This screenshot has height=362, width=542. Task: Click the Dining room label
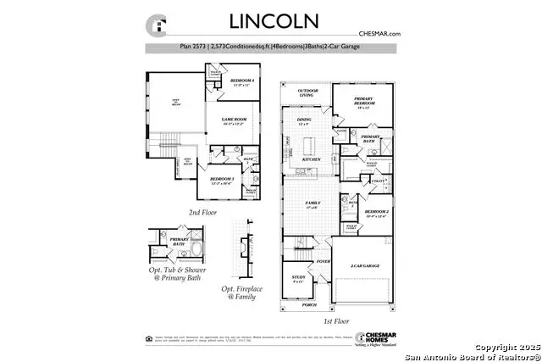click(x=305, y=122)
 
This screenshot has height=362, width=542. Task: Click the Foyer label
click(x=324, y=262)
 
